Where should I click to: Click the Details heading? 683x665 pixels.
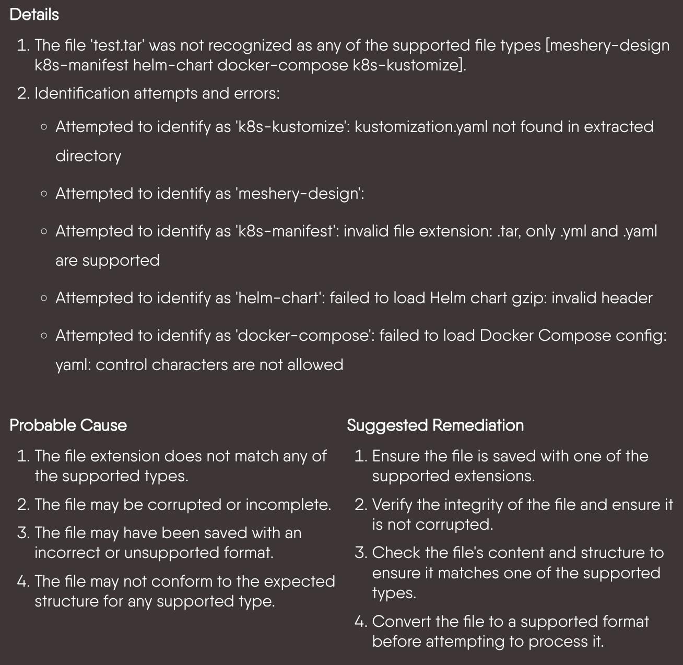(x=34, y=15)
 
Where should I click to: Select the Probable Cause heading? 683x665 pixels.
(x=68, y=425)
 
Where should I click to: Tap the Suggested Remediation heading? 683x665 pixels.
(x=435, y=425)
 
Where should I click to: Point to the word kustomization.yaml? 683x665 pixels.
(x=421, y=127)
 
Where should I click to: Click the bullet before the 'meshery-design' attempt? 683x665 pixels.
(x=44, y=194)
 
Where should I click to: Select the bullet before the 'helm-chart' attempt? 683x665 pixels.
(x=44, y=299)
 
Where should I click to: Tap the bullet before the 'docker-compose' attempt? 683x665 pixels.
(x=44, y=336)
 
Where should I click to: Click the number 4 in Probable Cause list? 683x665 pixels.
(x=23, y=581)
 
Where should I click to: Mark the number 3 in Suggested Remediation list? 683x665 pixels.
(x=360, y=553)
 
